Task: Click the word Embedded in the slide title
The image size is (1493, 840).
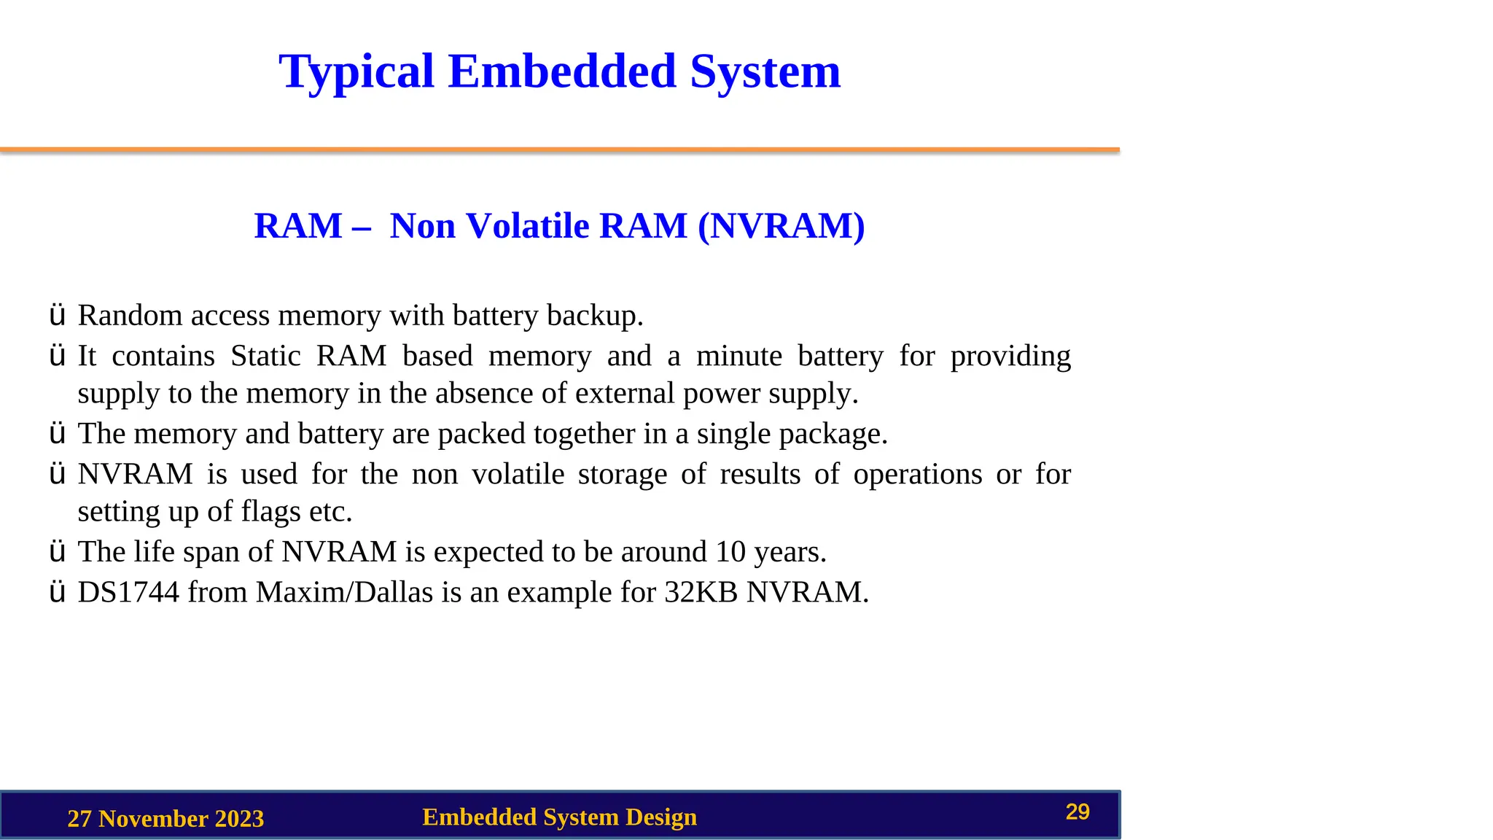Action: point(562,71)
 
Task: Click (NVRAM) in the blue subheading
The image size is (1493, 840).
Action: point(781,226)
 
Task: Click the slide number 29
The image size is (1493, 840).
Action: point(1077,812)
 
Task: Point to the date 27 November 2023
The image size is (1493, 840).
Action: point(165,819)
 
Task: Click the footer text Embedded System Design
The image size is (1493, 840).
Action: point(559,817)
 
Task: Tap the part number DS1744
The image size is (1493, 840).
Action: point(128,592)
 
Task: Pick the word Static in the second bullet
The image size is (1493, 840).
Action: point(265,356)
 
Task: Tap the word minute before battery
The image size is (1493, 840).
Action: point(738,356)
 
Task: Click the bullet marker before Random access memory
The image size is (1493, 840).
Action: point(57,316)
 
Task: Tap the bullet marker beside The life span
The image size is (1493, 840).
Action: point(57,552)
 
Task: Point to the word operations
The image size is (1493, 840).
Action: point(918,475)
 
